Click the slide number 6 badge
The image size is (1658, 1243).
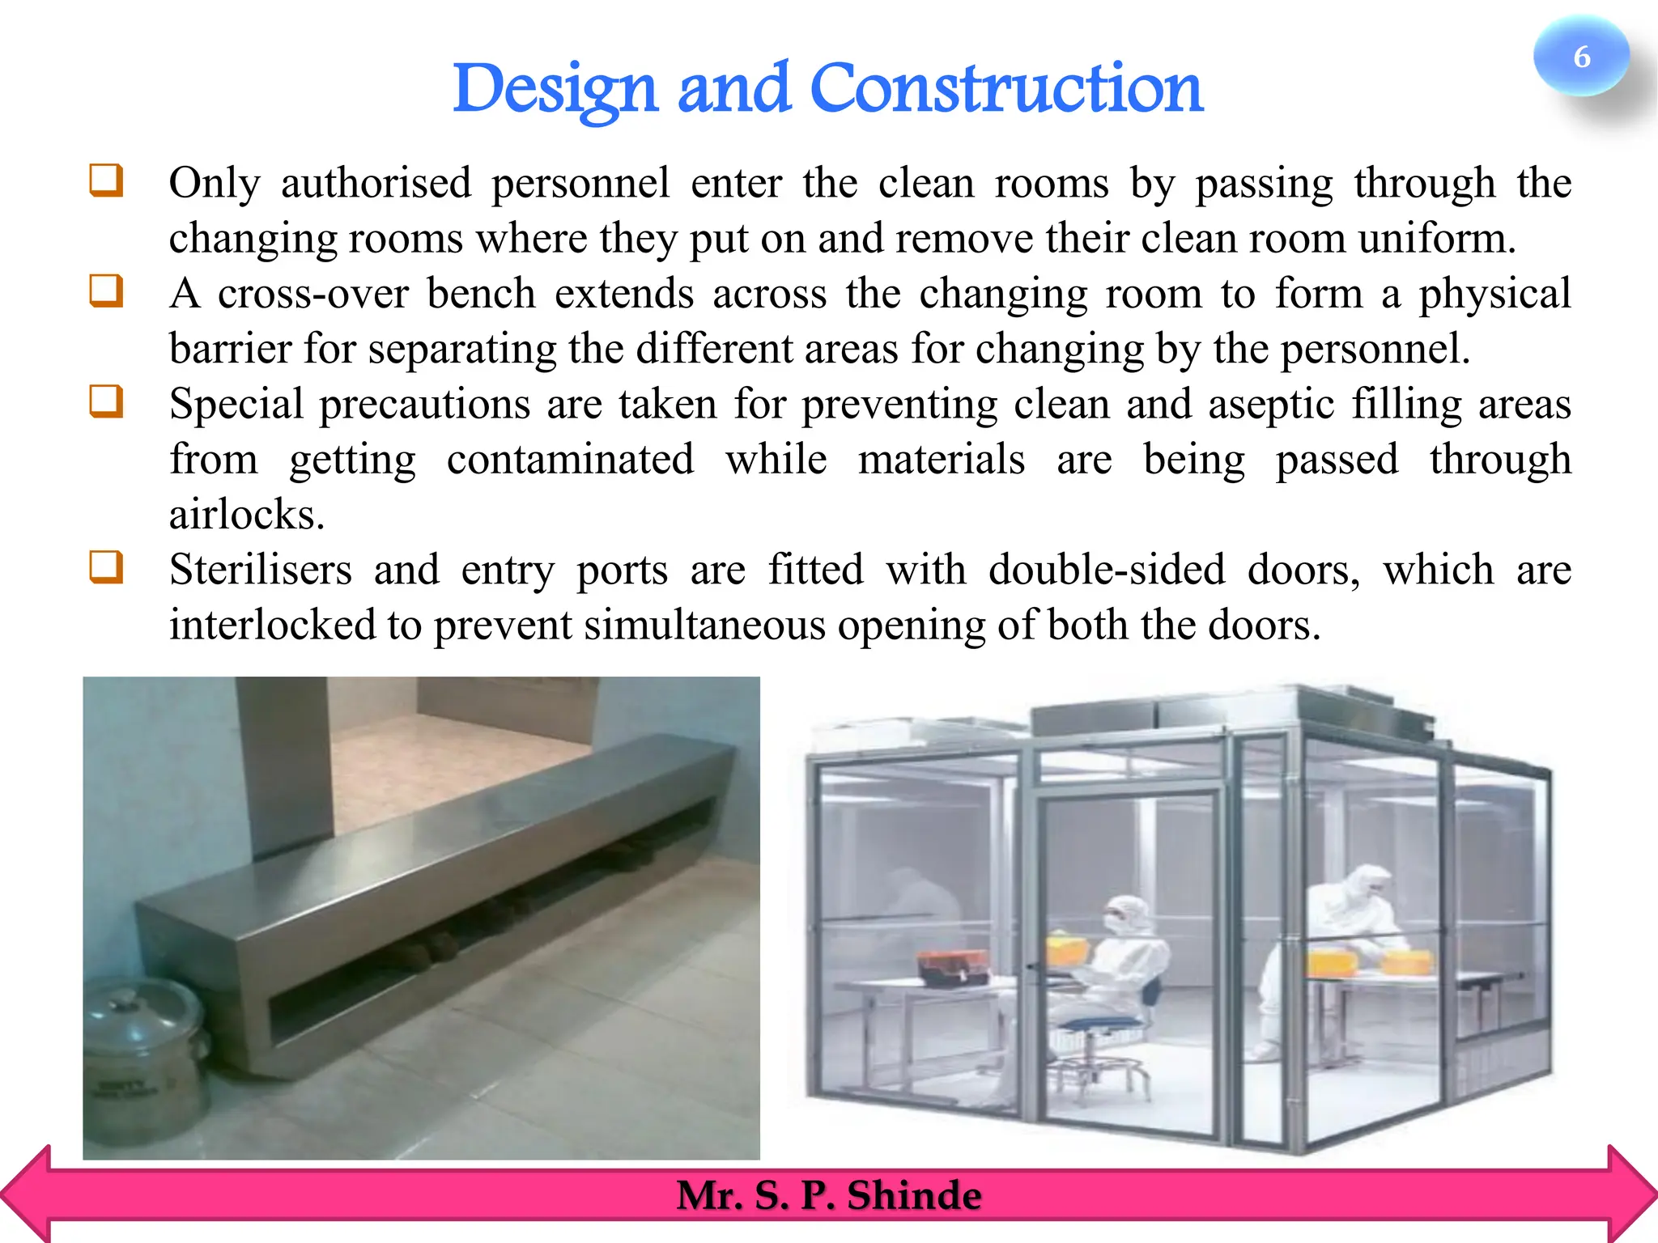pos(1580,57)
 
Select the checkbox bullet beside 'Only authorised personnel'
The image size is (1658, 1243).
pos(106,180)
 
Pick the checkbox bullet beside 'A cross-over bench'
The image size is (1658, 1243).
pos(106,291)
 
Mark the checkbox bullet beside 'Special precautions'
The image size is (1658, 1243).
pos(106,401)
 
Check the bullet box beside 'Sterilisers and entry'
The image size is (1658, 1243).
pos(106,567)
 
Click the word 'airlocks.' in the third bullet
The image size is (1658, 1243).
pos(247,515)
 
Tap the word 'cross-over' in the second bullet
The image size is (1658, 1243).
pos(312,294)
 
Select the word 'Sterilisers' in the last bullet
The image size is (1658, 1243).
pos(261,570)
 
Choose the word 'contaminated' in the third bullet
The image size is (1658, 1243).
pos(570,460)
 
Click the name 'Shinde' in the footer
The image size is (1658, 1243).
pos(914,1195)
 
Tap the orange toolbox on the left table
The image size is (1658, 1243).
pos(952,967)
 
